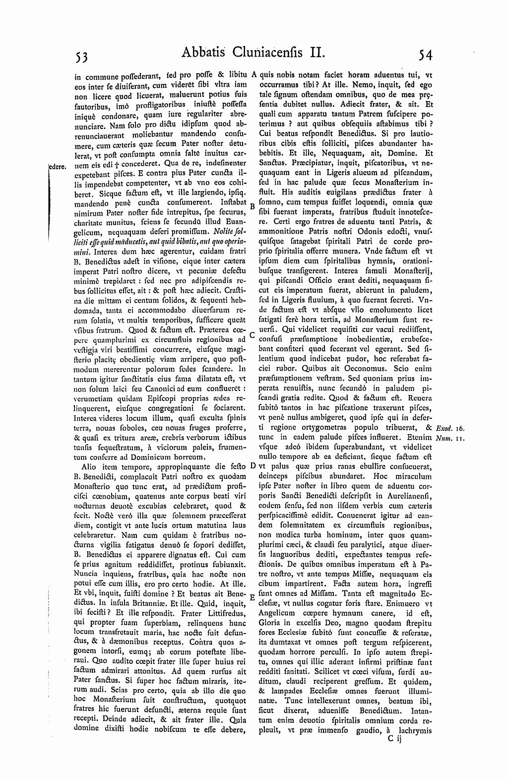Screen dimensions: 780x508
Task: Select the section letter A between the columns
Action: tap(253, 75)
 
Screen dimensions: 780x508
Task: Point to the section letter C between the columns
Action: tap(252, 335)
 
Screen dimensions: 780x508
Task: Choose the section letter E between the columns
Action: tap(252, 597)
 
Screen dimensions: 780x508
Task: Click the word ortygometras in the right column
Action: tap(322, 427)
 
